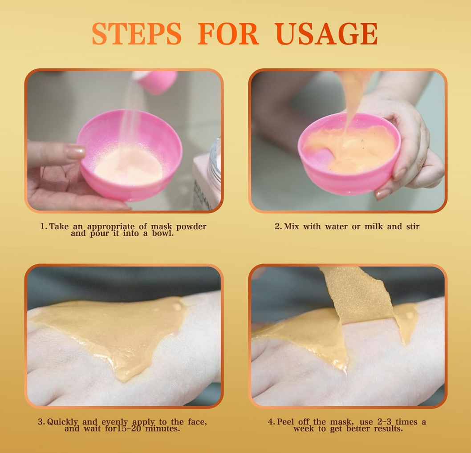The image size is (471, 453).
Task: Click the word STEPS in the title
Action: pos(137,34)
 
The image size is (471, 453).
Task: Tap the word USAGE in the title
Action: pos(326,34)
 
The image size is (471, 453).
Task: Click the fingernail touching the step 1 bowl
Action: pos(75,152)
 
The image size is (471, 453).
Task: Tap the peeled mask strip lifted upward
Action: pos(357,294)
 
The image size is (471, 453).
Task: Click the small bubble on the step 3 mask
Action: pos(177,307)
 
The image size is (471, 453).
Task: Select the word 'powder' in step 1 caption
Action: pos(191,226)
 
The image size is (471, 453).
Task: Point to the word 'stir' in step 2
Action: pos(413,226)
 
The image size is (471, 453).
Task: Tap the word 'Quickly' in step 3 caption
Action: pos(62,422)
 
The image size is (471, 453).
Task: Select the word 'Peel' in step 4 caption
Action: pos(287,422)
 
